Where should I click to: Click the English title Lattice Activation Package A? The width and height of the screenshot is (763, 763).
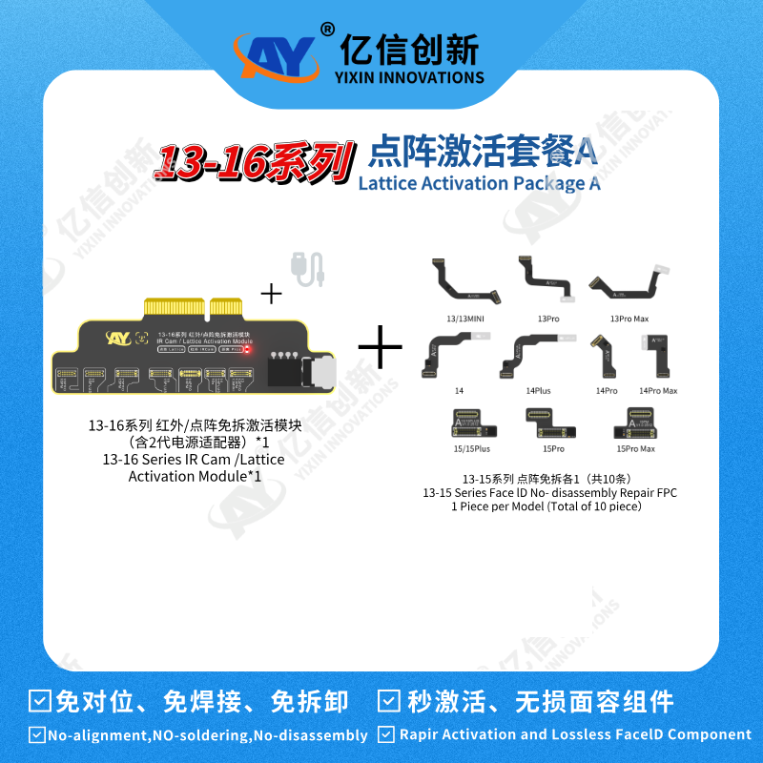(x=480, y=182)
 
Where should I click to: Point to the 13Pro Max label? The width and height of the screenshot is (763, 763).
(x=629, y=318)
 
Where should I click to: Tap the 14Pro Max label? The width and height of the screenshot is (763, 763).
(x=658, y=391)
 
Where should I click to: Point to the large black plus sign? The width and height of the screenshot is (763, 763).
(x=380, y=347)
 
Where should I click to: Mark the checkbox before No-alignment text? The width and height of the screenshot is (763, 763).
(x=35, y=735)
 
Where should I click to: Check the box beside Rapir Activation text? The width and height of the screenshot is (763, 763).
(x=386, y=734)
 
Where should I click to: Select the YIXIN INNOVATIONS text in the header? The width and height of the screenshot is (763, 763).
(x=411, y=77)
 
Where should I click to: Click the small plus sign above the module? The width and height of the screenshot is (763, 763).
(x=272, y=293)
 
